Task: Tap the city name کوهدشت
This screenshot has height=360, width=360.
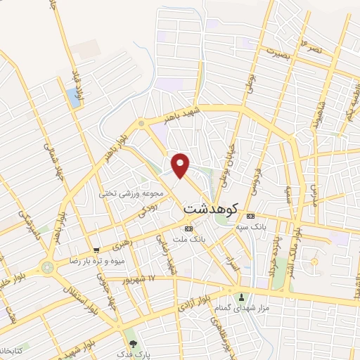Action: tap(211, 209)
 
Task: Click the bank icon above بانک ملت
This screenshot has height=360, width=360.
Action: tap(188, 229)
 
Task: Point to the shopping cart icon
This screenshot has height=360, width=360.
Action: tap(96, 250)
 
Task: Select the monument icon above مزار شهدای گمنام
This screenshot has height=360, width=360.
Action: tap(243, 297)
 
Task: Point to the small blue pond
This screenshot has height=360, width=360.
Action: tap(74, 98)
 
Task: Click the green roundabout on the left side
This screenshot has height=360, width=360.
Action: tap(48, 267)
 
